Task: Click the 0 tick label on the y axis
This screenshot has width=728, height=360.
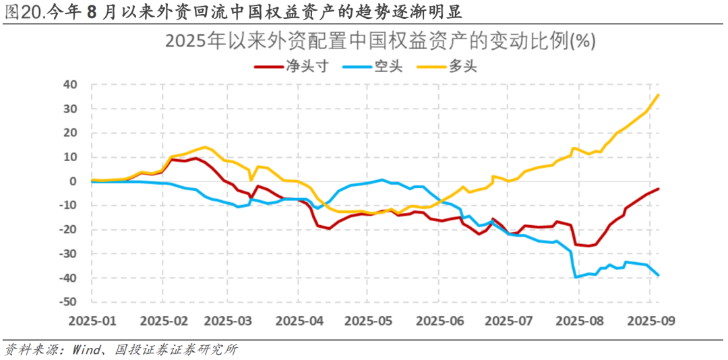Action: (x=75, y=181)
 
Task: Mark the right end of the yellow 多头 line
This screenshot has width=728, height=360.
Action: (x=659, y=94)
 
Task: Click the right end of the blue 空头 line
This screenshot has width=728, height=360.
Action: (x=659, y=275)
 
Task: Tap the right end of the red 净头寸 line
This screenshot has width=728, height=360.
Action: (x=659, y=189)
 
